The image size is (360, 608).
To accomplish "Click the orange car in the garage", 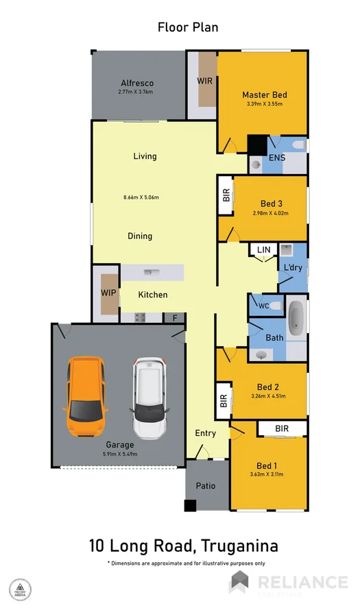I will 86,398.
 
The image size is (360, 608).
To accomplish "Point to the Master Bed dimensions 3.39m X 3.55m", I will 264,104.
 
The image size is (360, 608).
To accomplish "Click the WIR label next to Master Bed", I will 204,80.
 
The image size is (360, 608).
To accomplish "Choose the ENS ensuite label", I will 276,158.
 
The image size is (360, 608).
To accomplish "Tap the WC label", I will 263,306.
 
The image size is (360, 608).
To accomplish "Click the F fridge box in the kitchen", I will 175,318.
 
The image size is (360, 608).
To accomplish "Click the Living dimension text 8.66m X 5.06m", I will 141,197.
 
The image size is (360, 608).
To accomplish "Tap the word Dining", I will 140,236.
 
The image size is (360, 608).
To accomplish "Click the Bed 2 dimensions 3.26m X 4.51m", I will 269,396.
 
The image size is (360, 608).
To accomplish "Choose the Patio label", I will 206,486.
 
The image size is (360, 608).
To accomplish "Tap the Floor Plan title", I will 188,27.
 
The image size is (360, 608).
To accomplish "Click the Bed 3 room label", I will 271,204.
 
